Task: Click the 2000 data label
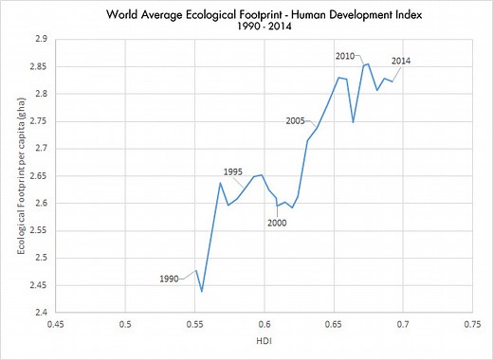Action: pos(276,223)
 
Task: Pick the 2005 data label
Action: pos(295,120)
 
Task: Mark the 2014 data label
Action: pos(400,62)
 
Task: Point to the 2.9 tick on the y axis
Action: pos(39,39)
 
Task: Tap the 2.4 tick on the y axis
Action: pos(39,313)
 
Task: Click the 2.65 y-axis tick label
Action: pos(36,176)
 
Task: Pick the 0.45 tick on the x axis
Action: pos(56,323)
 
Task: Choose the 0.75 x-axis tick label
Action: pos(472,323)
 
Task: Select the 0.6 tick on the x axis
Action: pos(265,323)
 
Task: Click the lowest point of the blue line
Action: pos(202,290)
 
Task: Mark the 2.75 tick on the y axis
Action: pos(36,121)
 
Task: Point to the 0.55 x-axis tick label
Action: pos(194,323)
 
